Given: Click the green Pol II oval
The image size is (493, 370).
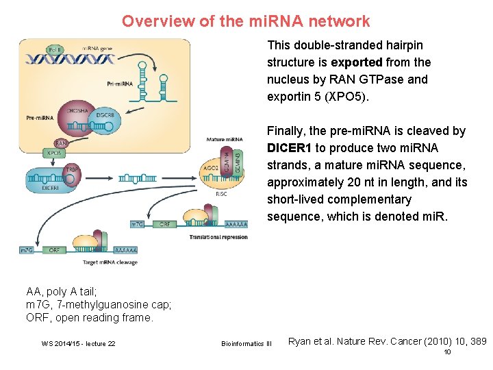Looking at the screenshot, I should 54,49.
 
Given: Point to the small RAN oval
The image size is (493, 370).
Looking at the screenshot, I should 61,143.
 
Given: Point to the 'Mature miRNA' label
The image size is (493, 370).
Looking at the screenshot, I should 224,140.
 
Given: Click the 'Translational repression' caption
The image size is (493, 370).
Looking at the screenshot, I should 218,237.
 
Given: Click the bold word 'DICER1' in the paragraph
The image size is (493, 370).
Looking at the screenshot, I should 290,148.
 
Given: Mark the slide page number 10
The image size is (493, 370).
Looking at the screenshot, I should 447,352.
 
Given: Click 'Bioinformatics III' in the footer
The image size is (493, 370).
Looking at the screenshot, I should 246,343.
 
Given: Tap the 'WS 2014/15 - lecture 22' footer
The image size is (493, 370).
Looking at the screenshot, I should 79,343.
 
